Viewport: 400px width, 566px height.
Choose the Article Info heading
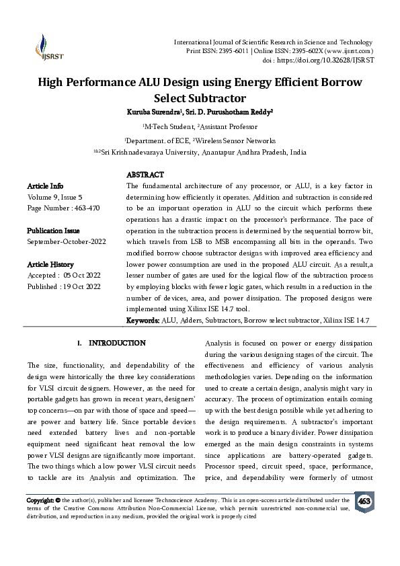pos(45,185)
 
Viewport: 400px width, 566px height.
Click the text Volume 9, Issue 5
pos(54,196)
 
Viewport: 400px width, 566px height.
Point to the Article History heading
pos(50,264)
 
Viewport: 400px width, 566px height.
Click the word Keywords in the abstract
pos(143,321)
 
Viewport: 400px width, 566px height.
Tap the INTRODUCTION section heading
pos(117,343)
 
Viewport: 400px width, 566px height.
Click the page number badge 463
pos(364,501)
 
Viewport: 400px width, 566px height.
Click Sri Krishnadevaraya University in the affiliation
pos(151,153)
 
